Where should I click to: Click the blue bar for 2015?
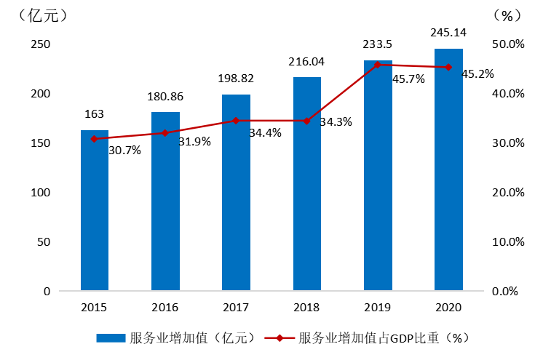coord(94,211)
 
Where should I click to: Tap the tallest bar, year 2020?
coord(448,170)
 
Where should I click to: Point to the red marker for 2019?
coord(377,65)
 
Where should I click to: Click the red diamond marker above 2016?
coord(165,133)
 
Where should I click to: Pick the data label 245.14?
coord(448,33)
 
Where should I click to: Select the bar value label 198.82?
coord(236,79)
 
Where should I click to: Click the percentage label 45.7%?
coord(408,79)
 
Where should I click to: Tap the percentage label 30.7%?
coord(124,151)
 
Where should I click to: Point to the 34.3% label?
coord(336,122)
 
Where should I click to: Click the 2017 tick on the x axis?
coord(236,308)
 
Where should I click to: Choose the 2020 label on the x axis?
coord(448,308)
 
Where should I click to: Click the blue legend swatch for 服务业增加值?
coord(111,338)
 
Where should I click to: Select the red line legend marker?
coord(280,338)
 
